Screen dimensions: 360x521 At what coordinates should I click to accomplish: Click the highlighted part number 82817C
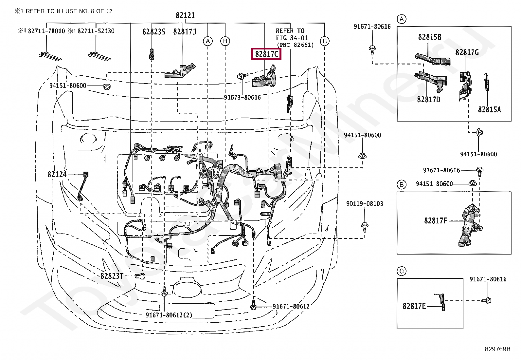266,54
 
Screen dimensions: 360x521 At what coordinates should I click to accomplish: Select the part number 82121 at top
185,15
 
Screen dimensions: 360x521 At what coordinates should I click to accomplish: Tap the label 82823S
153,32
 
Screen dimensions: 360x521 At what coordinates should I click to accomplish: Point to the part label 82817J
185,32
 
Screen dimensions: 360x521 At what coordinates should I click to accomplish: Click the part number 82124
57,175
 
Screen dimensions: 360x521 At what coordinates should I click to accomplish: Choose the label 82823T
112,276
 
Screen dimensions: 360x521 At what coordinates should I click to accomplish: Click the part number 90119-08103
365,204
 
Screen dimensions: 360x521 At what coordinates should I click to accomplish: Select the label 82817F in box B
436,221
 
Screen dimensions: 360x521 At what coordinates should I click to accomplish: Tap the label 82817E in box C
414,306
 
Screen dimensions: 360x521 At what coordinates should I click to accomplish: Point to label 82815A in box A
489,110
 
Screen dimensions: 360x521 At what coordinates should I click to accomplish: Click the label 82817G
467,52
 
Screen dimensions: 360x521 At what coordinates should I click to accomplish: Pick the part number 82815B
430,37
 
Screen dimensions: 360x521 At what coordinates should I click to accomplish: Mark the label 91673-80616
242,98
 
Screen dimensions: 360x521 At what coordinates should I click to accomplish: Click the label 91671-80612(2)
169,315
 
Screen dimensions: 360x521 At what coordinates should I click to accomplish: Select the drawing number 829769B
497,349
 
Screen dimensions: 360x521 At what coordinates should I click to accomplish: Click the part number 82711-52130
96,31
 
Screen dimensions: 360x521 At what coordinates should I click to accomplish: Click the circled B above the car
225,41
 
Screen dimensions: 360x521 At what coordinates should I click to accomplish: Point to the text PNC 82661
295,45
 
